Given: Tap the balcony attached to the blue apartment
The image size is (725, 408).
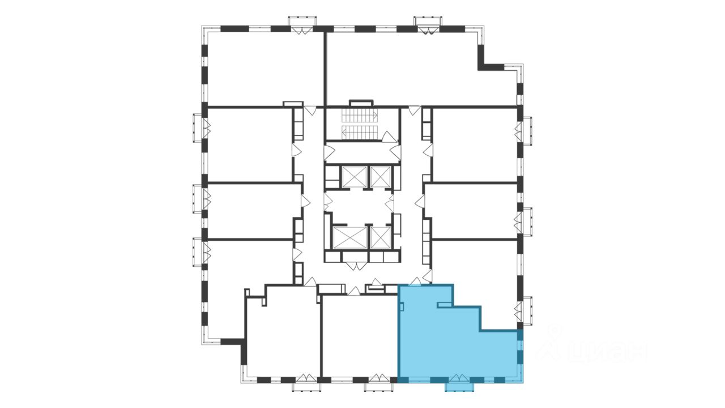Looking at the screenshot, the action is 458,386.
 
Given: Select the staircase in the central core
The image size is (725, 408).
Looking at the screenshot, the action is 359,125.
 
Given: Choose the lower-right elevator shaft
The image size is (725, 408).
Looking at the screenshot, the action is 380,237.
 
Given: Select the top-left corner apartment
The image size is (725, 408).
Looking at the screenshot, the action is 263,68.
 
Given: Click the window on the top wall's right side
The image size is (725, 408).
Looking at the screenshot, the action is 428,25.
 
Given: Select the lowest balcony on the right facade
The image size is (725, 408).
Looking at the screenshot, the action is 527,311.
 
